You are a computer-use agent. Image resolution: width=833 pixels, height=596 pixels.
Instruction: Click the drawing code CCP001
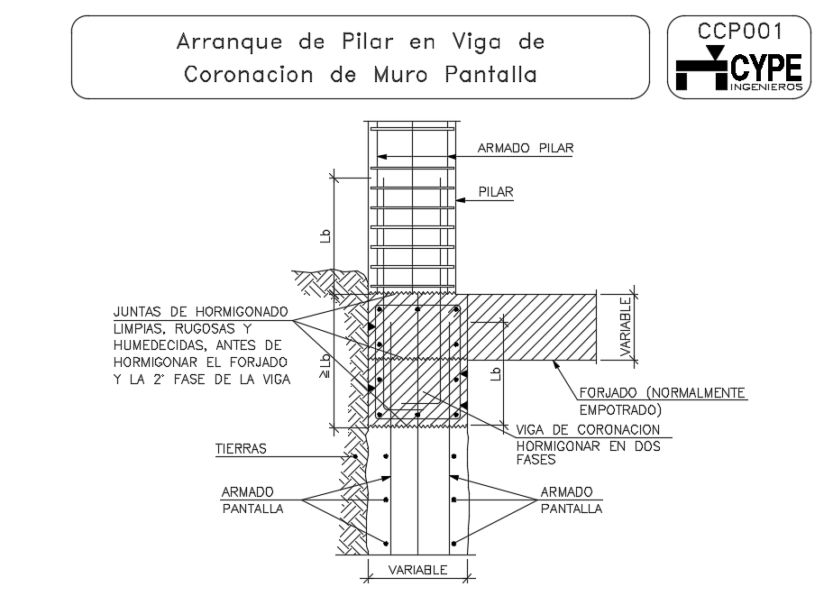point(739,32)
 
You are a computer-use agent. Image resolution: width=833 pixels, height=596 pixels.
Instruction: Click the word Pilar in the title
point(368,41)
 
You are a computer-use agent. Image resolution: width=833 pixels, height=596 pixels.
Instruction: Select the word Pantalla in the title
point(490,74)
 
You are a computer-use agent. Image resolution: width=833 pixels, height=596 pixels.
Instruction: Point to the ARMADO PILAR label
point(526,148)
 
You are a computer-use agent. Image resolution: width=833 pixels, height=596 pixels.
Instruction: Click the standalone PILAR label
point(496,192)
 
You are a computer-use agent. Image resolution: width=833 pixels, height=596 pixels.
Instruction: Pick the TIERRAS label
point(241,449)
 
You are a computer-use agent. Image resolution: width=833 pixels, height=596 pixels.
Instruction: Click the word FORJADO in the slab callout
point(608,393)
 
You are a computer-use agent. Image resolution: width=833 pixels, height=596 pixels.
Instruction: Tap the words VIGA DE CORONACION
point(588,429)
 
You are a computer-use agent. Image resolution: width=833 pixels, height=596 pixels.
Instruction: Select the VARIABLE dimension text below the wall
point(417,570)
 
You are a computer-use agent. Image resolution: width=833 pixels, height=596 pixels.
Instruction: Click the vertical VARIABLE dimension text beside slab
point(626,326)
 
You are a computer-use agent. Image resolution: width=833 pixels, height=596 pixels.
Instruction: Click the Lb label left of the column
point(325,236)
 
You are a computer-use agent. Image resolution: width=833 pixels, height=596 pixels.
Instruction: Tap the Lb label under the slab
point(496,373)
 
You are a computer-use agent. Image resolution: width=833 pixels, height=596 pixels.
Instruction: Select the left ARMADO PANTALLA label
point(252,500)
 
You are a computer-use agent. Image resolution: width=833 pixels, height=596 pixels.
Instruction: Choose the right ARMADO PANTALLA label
point(571,500)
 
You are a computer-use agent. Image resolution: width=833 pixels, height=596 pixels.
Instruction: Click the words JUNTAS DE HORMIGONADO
point(201,312)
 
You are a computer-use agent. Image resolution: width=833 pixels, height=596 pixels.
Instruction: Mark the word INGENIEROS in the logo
point(766,87)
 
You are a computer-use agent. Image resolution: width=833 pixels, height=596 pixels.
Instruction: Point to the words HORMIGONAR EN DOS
point(588,446)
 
